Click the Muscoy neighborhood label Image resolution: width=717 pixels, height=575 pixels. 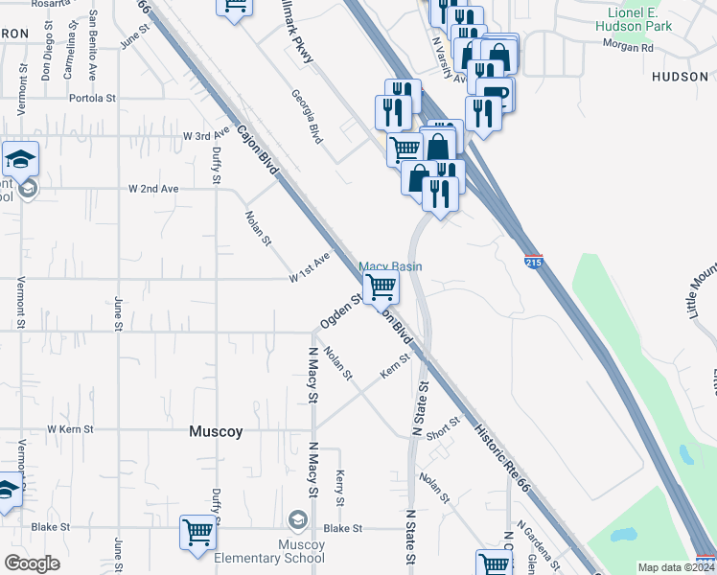click(x=216, y=432)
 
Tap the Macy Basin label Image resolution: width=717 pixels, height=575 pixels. click(x=390, y=266)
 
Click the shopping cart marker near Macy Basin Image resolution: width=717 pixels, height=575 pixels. click(x=382, y=286)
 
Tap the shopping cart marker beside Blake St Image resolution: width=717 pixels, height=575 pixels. click(x=197, y=531)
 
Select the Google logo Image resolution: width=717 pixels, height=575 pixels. click(x=32, y=563)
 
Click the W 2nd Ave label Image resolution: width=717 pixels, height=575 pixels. click(x=153, y=189)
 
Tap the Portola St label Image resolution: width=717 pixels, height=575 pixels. click(x=92, y=98)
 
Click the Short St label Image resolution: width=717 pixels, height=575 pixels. click(x=444, y=427)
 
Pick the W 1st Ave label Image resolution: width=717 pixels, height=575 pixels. click(x=310, y=267)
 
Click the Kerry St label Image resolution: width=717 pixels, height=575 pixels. click(x=339, y=488)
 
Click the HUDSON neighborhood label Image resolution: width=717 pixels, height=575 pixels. click(x=679, y=76)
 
